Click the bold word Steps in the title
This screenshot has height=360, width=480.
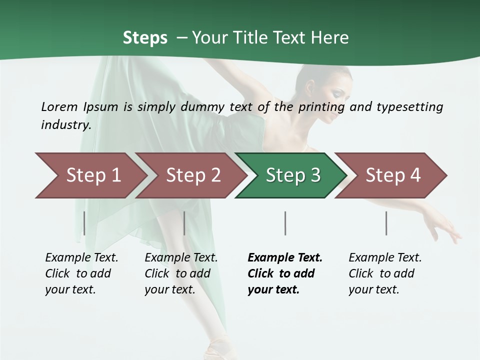pos(145,37)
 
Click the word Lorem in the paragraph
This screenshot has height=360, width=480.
pos(59,106)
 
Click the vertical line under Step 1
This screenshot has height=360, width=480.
pos(84,223)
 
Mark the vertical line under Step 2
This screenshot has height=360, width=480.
pos(184,223)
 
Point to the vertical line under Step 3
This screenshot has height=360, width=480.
pos(285,223)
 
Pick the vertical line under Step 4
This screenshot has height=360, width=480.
pos(386,223)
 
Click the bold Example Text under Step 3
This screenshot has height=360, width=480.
pos(285,257)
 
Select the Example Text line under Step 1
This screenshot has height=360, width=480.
pos(81,257)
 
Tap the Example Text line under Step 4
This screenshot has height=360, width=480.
pos(385,257)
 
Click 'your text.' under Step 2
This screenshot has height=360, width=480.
pos(170,289)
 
